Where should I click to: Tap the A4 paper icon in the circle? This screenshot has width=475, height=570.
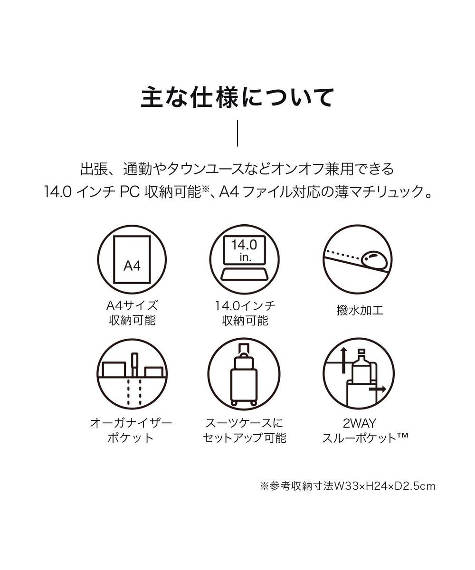pos(132,260)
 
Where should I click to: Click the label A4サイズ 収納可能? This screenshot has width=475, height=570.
pos(132,313)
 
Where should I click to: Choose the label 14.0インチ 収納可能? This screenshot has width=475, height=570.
pos(244,313)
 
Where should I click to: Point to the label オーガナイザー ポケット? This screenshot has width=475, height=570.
pos(131,430)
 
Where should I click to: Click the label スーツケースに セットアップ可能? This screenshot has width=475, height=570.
pos(244,430)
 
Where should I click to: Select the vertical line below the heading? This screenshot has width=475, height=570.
pos(237,134)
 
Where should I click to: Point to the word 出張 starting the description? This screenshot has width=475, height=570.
pos(92,169)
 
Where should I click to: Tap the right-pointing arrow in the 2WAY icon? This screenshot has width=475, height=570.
pos(379,388)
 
